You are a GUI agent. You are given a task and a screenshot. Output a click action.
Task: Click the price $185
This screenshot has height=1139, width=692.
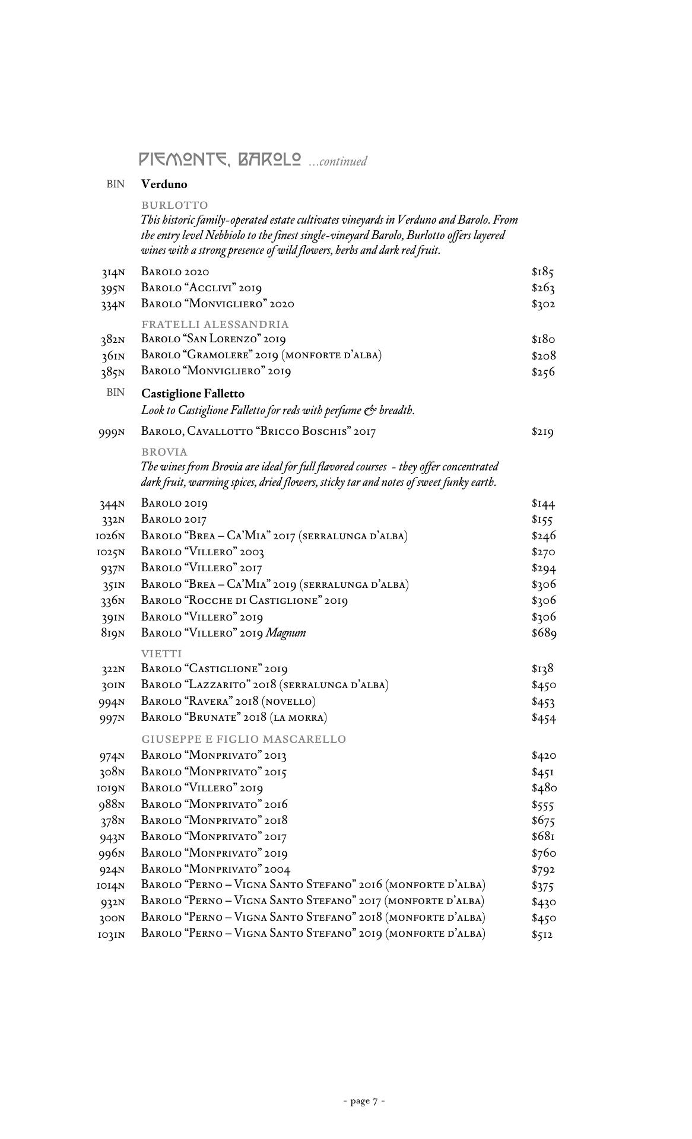point(543,272)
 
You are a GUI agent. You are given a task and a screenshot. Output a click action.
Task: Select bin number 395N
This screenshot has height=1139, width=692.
point(112,289)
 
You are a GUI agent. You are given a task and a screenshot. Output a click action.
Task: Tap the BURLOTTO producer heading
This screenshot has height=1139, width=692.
point(174,205)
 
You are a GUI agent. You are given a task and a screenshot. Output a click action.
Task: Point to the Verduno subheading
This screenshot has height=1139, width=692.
point(164,184)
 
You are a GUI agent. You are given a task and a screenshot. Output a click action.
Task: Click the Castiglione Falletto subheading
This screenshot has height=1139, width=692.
point(193,393)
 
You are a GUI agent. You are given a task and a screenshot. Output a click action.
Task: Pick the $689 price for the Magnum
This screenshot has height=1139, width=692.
point(544,633)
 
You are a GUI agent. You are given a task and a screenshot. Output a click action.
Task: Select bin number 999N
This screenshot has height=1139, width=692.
point(112,432)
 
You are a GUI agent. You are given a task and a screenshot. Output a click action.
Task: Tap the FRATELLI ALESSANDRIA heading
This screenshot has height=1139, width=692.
point(215,324)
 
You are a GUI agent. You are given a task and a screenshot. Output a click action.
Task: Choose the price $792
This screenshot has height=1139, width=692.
point(544,870)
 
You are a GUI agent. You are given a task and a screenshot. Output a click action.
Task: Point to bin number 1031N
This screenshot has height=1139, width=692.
point(111,935)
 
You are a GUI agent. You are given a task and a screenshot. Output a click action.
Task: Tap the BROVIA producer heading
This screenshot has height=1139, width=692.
point(164,451)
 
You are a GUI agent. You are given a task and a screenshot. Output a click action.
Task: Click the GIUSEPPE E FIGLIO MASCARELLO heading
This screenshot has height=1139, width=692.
point(243,739)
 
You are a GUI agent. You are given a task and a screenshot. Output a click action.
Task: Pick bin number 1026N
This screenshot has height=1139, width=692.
point(110,537)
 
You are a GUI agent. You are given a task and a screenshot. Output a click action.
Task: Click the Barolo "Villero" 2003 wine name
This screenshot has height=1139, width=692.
point(202,552)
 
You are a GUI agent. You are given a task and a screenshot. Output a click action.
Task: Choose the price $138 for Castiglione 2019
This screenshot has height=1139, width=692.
point(543,669)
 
